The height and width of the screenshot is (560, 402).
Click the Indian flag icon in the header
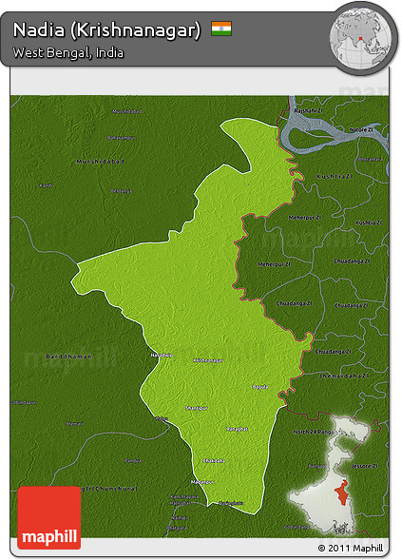(x=221, y=29)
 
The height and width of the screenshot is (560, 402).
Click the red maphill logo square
(x=48, y=517)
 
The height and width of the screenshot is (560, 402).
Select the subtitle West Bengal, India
(x=68, y=53)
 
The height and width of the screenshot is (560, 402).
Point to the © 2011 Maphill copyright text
(x=353, y=549)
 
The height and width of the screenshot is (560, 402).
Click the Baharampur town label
(x=122, y=139)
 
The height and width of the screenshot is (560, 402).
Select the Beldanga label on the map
(x=121, y=190)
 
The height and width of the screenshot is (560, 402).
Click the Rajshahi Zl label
(x=307, y=111)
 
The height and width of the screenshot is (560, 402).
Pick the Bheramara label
(x=372, y=159)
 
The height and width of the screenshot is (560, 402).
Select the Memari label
(x=76, y=423)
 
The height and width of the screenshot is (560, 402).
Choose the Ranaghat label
(x=237, y=429)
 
